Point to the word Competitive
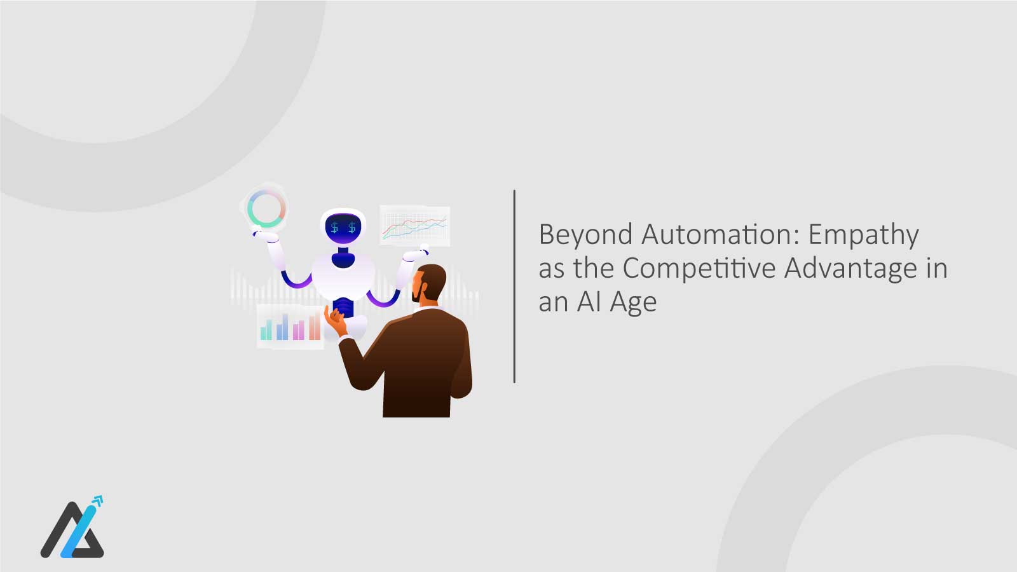click(x=699, y=268)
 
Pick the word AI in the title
click(x=589, y=302)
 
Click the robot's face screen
click(x=343, y=227)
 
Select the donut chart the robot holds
click(x=266, y=208)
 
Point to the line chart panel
click(x=414, y=225)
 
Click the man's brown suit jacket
click(x=420, y=362)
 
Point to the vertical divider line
click(x=514, y=286)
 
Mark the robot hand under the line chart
click(x=416, y=253)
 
